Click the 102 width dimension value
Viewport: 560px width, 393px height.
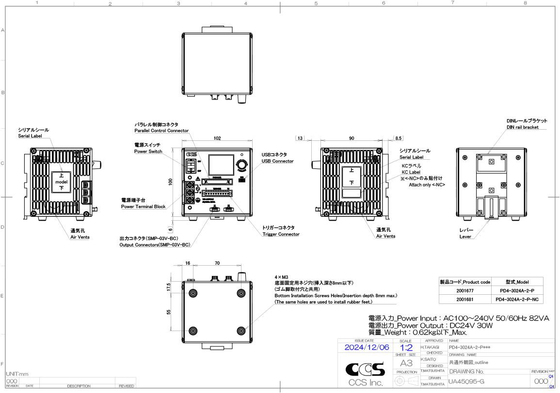coord(217,138)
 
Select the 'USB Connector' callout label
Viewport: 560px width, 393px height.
coord(277,161)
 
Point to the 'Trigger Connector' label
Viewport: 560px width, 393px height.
coord(281,234)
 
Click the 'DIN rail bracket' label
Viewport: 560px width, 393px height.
coord(522,127)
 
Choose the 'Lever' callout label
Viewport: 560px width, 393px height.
coord(465,237)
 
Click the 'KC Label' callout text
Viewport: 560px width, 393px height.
coord(411,172)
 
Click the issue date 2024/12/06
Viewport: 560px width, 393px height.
coord(366,348)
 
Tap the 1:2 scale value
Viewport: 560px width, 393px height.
coord(406,348)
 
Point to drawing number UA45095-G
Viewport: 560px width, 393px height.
coord(466,382)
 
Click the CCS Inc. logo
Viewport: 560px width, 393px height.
coord(365,375)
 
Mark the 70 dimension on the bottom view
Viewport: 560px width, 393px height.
coord(217,263)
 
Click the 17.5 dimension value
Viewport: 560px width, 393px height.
coord(169,287)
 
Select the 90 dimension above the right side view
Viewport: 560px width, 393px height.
coord(352,138)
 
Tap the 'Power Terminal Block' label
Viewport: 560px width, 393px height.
coord(143,207)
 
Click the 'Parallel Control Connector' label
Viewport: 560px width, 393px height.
coord(161,131)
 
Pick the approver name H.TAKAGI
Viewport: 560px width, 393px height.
coord(430,348)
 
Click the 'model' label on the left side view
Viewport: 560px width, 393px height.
coord(61,181)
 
